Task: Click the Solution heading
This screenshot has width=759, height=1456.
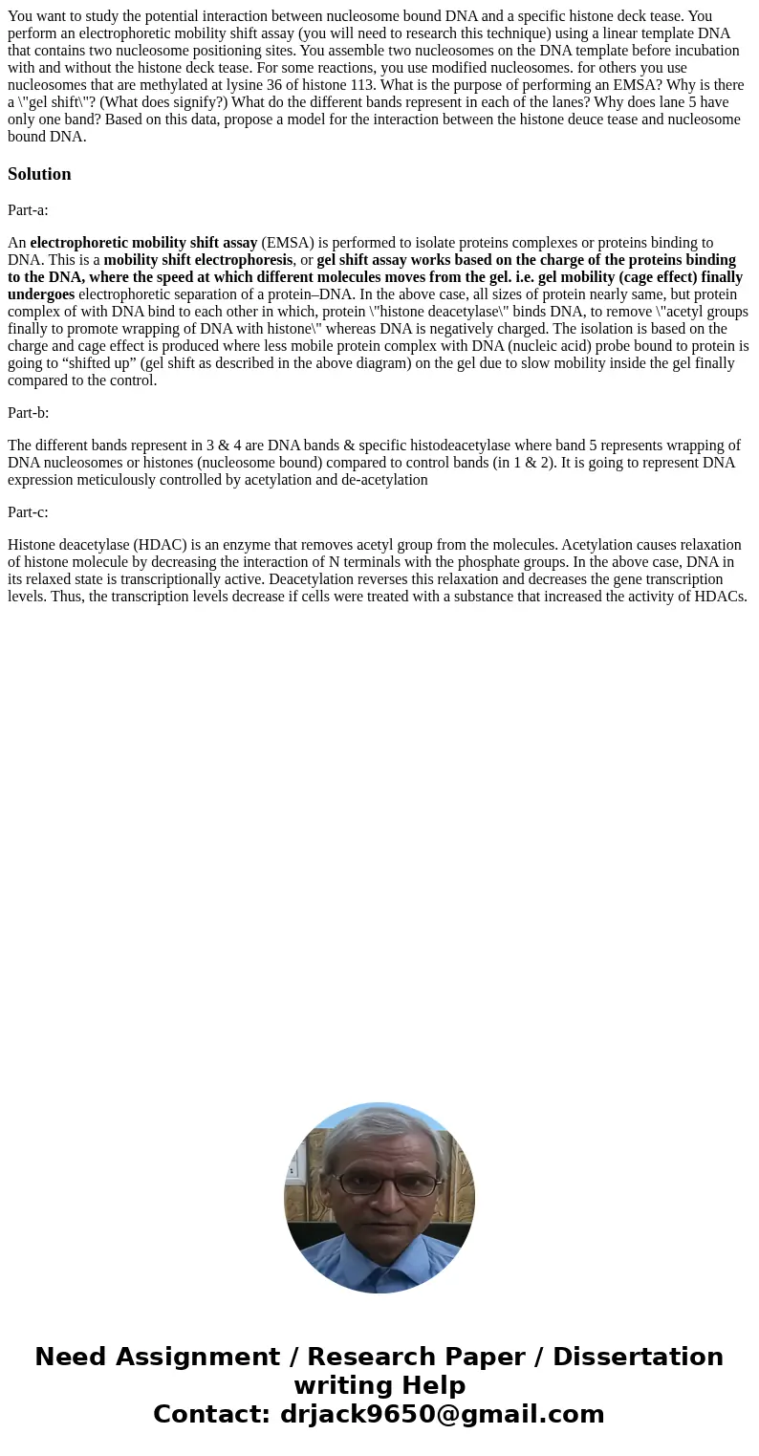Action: point(39,174)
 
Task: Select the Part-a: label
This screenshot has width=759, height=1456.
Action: point(28,210)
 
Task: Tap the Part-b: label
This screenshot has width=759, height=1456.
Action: point(28,413)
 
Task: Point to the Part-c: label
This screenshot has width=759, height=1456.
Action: point(28,512)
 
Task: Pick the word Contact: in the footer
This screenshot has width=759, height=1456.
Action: point(212,1414)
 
